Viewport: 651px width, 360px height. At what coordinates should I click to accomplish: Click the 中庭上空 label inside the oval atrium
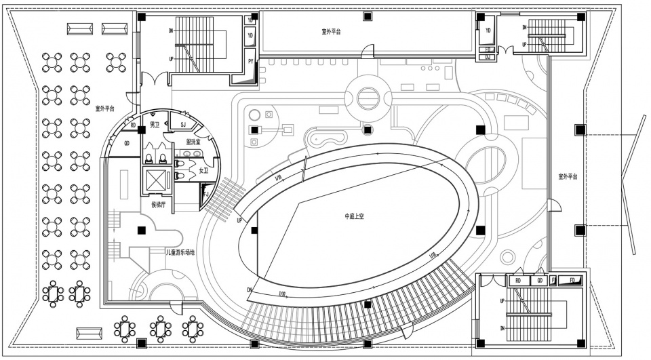tap(355, 216)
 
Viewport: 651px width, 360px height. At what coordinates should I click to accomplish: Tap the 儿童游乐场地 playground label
tap(180, 252)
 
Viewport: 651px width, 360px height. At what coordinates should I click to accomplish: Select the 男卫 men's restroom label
tap(155, 125)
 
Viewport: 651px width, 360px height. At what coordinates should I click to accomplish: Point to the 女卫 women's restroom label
tap(204, 171)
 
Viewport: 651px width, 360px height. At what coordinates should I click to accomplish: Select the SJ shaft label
tap(183, 124)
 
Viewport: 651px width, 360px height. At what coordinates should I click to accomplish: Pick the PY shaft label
tap(251, 62)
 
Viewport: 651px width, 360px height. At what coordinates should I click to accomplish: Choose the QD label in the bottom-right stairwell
tap(540, 280)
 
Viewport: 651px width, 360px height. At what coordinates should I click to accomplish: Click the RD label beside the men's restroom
tap(133, 125)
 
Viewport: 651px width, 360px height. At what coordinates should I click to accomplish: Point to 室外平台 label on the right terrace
tap(567, 176)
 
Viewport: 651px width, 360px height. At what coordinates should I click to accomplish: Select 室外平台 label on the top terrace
tap(332, 32)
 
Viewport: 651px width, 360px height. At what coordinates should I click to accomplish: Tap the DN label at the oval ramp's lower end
tap(250, 290)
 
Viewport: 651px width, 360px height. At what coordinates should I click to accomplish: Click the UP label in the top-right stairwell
tap(524, 45)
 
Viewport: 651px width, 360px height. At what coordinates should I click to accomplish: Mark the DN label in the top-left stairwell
tap(171, 31)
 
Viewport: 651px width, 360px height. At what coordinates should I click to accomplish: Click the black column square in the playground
tap(142, 231)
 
